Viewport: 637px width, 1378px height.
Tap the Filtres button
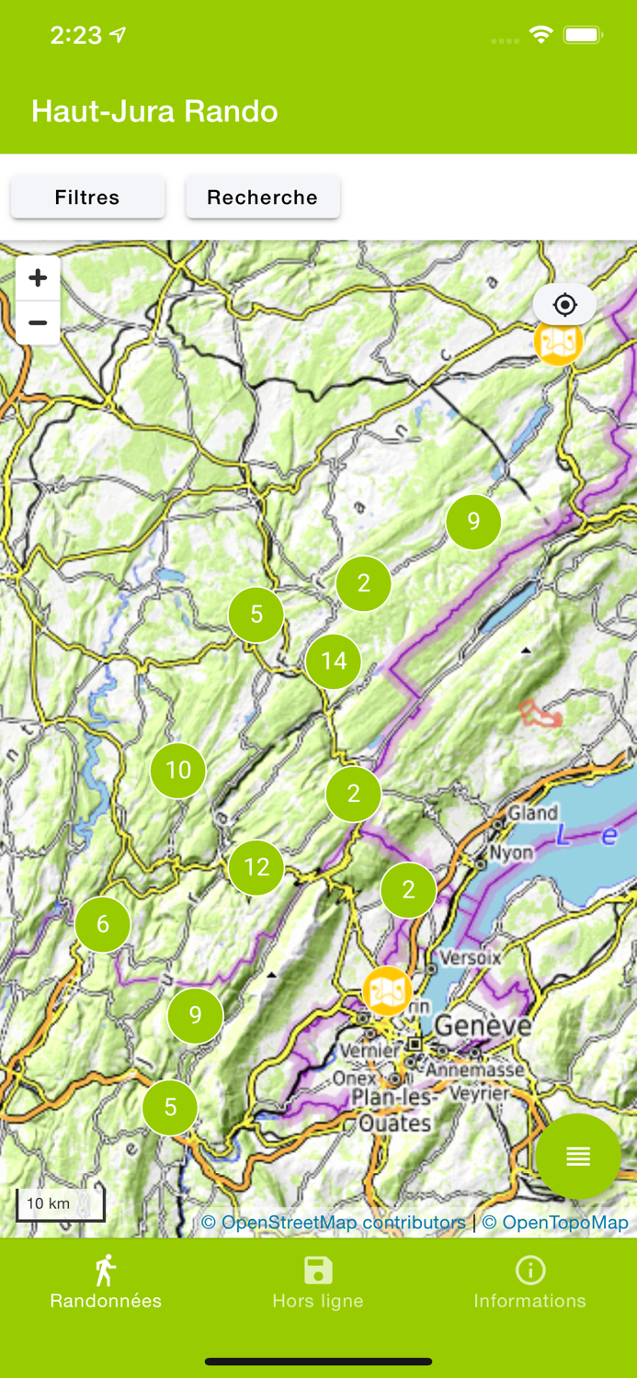[x=87, y=198]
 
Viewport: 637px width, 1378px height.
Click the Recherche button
[x=262, y=198]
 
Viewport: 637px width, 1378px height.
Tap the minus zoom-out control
[x=38, y=322]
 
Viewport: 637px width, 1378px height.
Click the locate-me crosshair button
[x=564, y=305]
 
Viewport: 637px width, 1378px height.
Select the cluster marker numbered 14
[x=334, y=661]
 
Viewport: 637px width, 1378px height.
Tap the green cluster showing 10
[x=178, y=770]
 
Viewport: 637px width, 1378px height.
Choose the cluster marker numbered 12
[x=256, y=867]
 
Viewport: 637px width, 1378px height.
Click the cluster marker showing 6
[x=102, y=925]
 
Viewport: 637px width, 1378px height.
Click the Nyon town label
[x=511, y=853]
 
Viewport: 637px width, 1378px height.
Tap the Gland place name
[x=533, y=813]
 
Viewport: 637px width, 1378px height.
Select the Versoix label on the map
[x=471, y=957]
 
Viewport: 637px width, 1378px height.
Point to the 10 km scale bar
[x=61, y=1204]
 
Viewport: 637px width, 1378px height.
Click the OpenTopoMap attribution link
[x=555, y=1223]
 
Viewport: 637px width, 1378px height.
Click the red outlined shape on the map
[x=540, y=714]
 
